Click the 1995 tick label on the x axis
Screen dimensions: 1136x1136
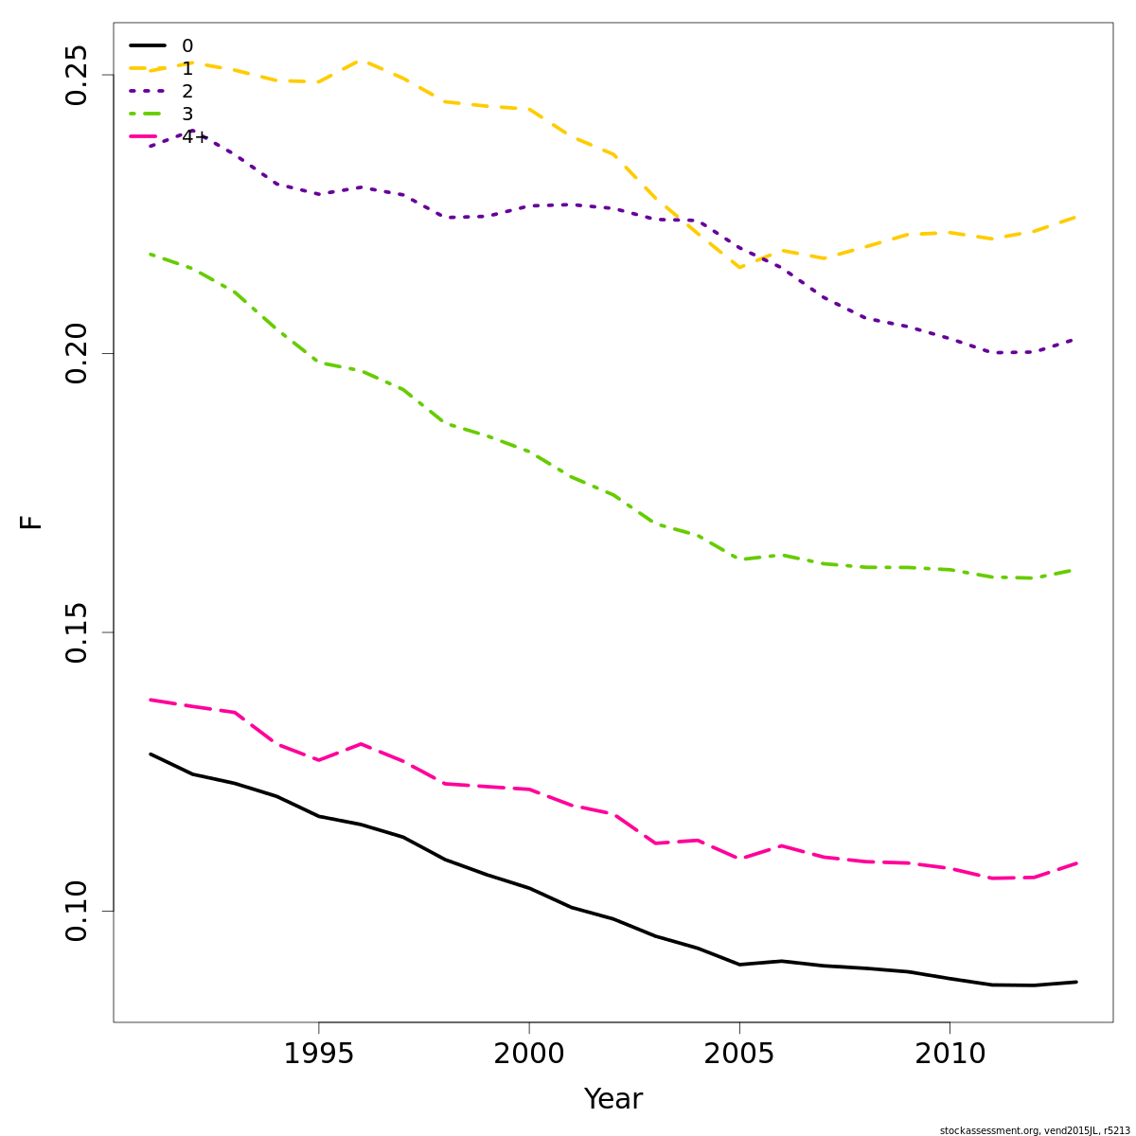(x=318, y=1053)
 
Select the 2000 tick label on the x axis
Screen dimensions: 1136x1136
(x=528, y=1053)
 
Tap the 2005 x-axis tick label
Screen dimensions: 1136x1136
(x=738, y=1053)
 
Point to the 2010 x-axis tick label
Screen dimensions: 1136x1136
(x=949, y=1053)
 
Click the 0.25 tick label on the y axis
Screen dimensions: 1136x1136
(x=77, y=75)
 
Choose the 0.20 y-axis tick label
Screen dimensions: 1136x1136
(x=77, y=353)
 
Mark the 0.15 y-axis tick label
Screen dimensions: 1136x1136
(x=77, y=632)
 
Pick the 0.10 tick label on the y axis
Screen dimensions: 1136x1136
(x=77, y=912)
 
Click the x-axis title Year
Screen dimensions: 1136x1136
(x=613, y=1099)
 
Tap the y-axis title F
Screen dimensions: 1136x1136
(x=31, y=522)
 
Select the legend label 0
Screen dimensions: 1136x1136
(x=187, y=46)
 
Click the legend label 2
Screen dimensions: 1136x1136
(x=187, y=92)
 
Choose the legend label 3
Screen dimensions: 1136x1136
(x=187, y=115)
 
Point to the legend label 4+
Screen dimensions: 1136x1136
(x=194, y=137)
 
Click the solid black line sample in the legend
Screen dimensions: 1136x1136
(x=148, y=45)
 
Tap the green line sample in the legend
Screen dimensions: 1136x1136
(x=148, y=114)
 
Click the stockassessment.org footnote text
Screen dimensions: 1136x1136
(x=1035, y=1130)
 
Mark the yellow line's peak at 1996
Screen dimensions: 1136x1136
(x=361, y=61)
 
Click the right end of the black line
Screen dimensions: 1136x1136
(x=1075, y=982)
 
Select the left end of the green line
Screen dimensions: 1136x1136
(x=151, y=254)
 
